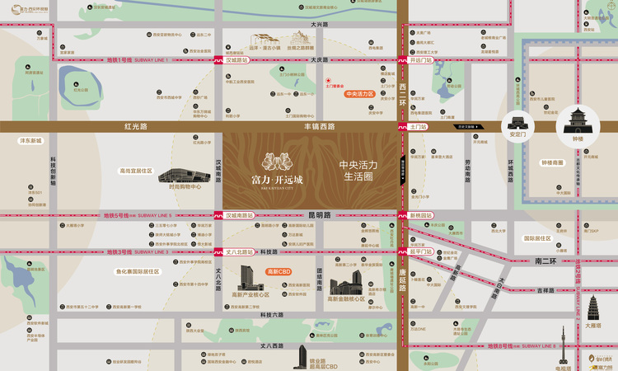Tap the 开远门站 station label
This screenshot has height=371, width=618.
420,60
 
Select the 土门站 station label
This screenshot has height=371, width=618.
419,127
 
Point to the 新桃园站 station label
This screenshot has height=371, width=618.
420,215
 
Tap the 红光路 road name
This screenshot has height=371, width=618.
135,127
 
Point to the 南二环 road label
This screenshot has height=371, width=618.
545,261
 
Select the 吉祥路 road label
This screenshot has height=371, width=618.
546,290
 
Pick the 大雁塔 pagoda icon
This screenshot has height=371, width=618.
593,308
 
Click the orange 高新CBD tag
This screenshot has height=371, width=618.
279,270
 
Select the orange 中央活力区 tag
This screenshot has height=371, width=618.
360,95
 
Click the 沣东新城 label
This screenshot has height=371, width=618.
30,141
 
